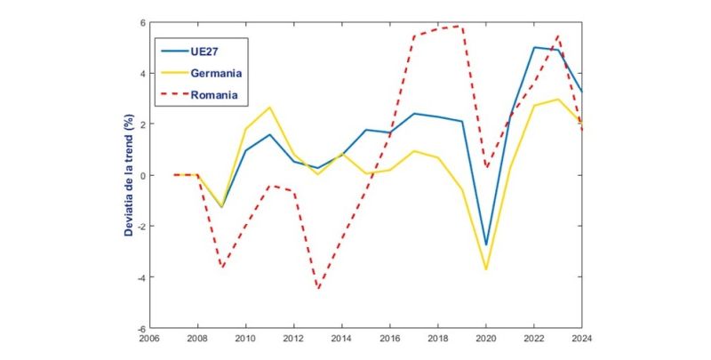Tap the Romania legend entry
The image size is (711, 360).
214,92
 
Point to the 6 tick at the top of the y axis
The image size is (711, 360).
140,23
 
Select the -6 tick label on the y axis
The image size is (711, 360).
139,328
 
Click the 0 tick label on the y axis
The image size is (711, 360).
140,175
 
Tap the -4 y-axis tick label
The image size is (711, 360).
139,277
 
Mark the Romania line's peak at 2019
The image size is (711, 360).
461,26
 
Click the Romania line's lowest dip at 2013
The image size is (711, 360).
317,289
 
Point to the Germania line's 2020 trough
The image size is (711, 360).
485,269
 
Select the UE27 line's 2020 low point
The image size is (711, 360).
485,244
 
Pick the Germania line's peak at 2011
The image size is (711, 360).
269,108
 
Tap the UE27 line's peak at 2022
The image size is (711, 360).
534,47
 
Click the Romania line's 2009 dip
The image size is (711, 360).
221,268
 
